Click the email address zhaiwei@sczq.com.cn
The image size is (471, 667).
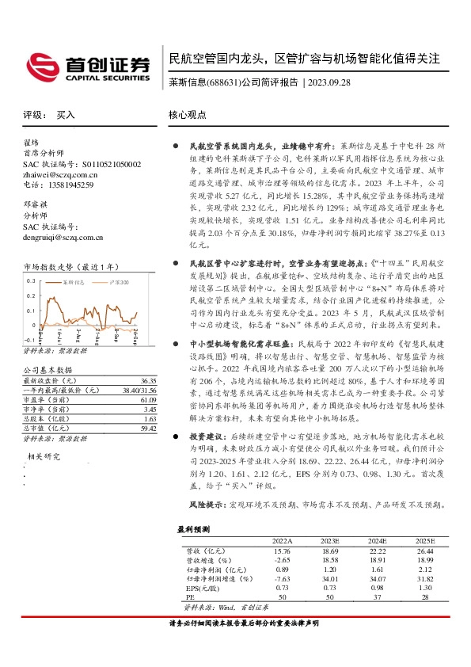[61, 174]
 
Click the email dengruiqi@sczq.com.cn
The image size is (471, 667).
[63, 236]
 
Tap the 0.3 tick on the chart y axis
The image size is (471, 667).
[31, 280]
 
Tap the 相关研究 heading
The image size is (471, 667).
[44, 456]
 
